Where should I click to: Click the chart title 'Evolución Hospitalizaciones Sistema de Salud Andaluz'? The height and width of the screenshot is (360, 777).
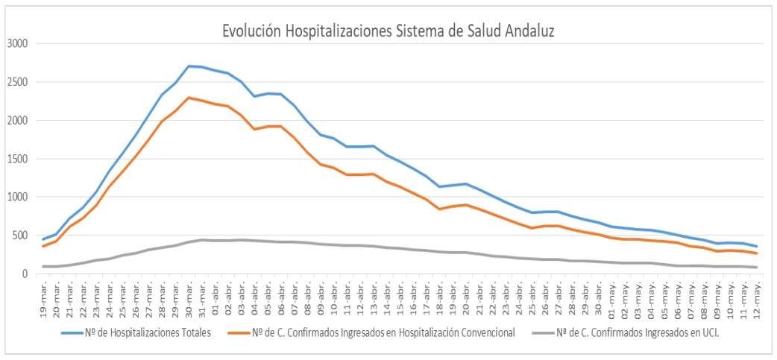click(x=388, y=31)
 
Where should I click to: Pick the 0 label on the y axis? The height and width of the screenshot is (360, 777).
click(x=25, y=274)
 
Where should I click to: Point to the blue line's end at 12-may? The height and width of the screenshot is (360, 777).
click(x=757, y=247)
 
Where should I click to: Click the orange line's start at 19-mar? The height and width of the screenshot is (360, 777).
click(x=44, y=246)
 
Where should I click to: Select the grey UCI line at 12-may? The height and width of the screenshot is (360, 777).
click(x=757, y=267)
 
